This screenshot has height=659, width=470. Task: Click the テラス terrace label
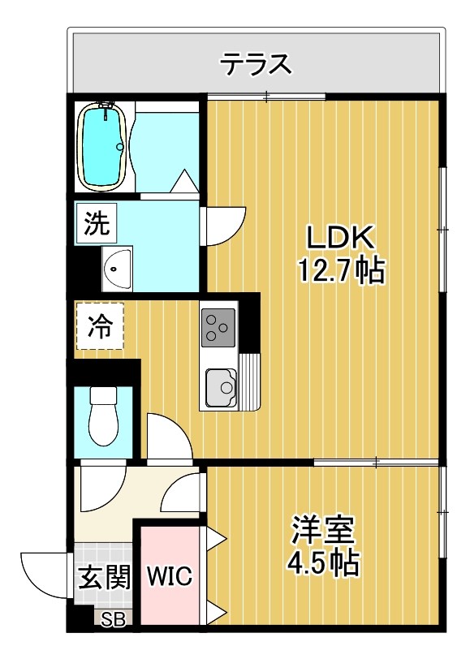257,63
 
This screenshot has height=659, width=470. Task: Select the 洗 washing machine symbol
97,222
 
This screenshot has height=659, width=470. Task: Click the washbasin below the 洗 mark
119,267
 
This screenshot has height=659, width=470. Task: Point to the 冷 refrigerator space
100,326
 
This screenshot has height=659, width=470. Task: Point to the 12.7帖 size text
340,270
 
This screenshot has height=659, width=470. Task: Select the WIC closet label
169,576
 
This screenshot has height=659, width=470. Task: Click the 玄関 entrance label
104,578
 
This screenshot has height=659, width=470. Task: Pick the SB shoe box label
114,622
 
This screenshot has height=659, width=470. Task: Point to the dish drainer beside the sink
251,381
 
